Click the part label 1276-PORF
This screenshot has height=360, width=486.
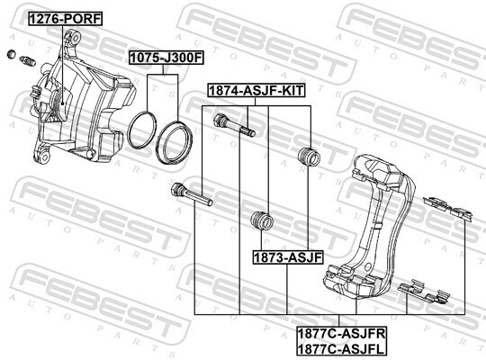(x=66, y=19)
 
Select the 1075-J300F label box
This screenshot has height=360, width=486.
(x=166, y=58)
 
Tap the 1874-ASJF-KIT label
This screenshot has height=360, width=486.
(x=256, y=91)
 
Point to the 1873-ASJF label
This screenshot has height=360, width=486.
(x=288, y=257)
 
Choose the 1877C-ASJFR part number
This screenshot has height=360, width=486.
(x=342, y=334)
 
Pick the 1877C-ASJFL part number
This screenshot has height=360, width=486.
(x=340, y=349)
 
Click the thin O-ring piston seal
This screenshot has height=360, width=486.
(x=141, y=130)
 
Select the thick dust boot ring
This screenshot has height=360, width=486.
(x=175, y=142)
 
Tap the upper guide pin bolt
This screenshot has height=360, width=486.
(x=234, y=125)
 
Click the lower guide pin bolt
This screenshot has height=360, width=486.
(x=192, y=194)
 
